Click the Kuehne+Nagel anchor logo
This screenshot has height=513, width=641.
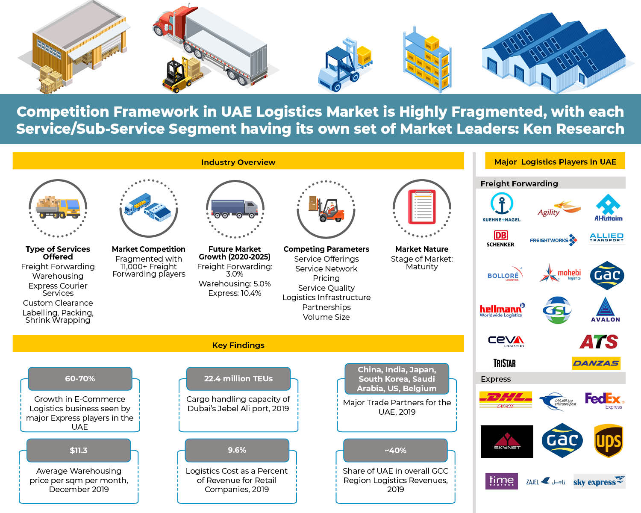pyautogui.click(x=501, y=207)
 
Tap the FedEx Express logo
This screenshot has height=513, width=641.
pyautogui.click(x=604, y=401)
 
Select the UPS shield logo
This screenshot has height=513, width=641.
pyautogui.click(x=609, y=441)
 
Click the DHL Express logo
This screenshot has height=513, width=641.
pyautogui.click(x=506, y=399)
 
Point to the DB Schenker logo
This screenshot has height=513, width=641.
pyautogui.click(x=500, y=239)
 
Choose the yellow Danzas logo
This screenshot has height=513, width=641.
pyautogui.click(x=596, y=363)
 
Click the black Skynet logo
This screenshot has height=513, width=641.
pyautogui.click(x=507, y=442)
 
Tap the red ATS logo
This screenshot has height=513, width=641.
pyautogui.click(x=599, y=342)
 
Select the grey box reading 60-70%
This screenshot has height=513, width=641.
pyautogui.click(x=80, y=379)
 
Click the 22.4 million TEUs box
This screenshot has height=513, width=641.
pyautogui.click(x=238, y=379)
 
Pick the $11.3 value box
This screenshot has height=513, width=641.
pyautogui.click(x=79, y=451)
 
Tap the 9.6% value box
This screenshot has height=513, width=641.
pyautogui.click(x=237, y=451)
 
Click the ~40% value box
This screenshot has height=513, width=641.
pyautogui.click(x=396, y=451)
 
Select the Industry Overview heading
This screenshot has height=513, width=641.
pyautogui.click(x=238, y=162)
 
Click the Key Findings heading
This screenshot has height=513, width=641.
pyautogui.click(x=238, y=345)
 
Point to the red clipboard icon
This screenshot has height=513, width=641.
pyautogui.click(x=422, y=207)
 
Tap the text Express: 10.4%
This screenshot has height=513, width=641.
pyautogui.click(x=235, y=293)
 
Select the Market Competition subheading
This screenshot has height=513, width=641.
pyautogui.click(x=149, y=249)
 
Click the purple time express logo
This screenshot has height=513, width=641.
pyautogui.click(x=502, y=481)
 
